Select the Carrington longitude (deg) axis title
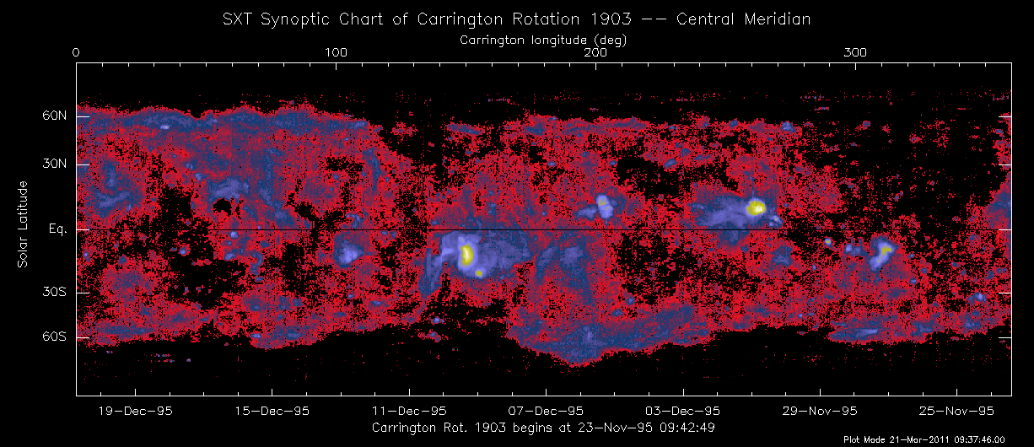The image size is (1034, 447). [x=542, y=40]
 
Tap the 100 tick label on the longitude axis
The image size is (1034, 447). [x=336, y=53]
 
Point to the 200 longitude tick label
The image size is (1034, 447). [x=596, y=53]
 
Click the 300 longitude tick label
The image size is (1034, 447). [x=856, y=53]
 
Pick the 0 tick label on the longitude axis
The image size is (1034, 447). [x=77, y=53]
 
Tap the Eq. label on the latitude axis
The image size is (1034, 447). [x=57, y=229]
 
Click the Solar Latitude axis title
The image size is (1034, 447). [x=24, y=224]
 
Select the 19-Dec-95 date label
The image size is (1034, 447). [x=136, y=411]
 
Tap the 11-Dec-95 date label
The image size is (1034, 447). [x=409, y=411]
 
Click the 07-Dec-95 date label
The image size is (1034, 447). [x=546, y=411]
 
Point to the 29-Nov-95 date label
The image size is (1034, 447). [x=820, y=411]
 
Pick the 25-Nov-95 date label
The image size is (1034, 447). [x=956, y=411]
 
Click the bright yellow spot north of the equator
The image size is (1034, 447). [x=756, y=207]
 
